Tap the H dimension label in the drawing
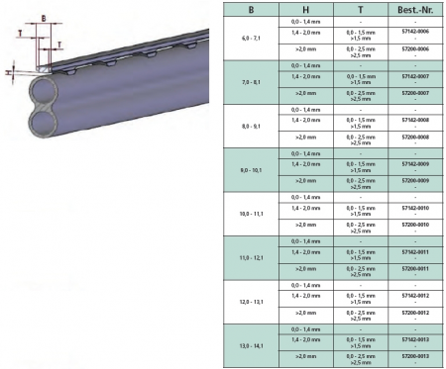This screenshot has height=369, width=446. coord(7,71)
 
